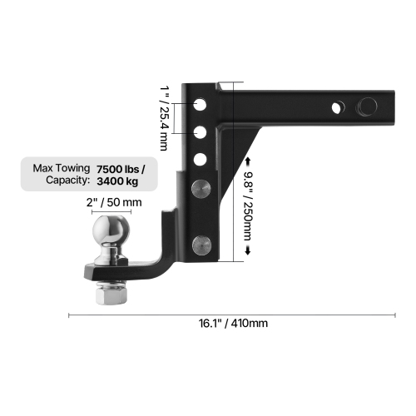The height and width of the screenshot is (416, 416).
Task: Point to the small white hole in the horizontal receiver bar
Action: click(338, 106)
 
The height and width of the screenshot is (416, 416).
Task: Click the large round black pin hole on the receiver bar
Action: click(364, 106)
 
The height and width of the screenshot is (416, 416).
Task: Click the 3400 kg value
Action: click(117, 181)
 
